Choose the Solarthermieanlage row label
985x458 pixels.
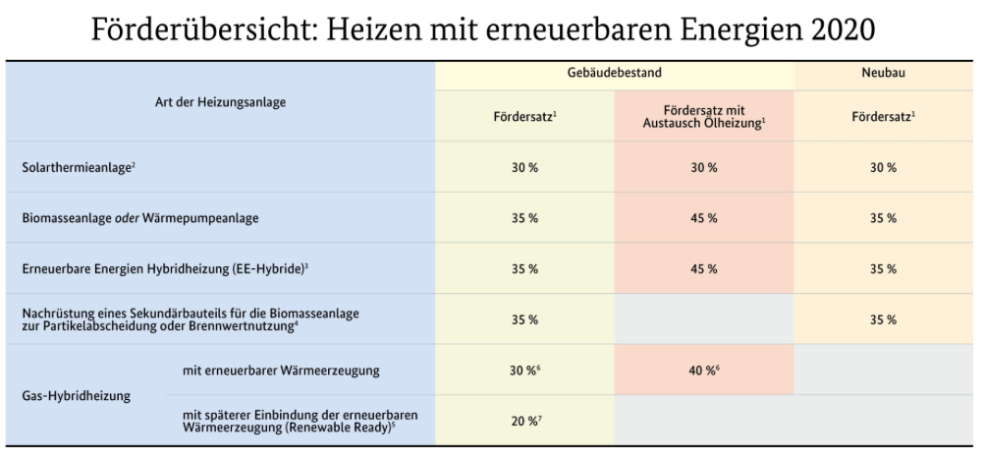pyautogui.click(x=79, y=167)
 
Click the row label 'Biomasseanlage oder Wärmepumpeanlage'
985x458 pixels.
pyautogui.click(x=140, y=218)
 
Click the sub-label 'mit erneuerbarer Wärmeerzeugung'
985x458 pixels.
pyautogui.click(x=282, y=371)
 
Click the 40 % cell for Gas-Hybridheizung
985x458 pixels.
pyautogui.click(x=703, y=371)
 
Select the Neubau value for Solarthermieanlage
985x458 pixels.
pyautogui.click(x=885, y=167)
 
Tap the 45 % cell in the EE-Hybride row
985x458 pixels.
pyautogui.click(x=703, y=268)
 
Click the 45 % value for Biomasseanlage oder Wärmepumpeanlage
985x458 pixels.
pyautogui.click(x=703, y=218)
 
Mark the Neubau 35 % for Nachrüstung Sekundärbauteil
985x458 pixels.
pyautogui.click(x=885, y=319)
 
